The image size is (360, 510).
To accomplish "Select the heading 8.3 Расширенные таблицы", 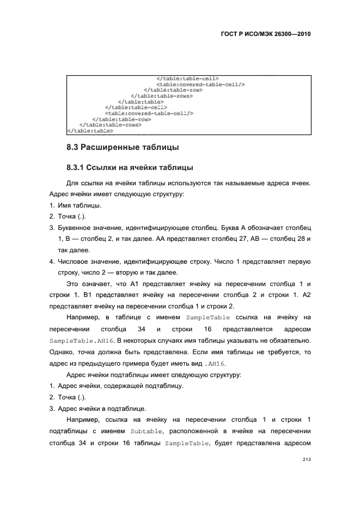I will tap(123, 147).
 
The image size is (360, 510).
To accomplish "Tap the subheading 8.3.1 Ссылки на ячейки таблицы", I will tap(130, 167).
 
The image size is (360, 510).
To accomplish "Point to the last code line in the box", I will tap(90, 131).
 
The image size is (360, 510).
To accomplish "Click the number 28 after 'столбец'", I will tap(301, 240).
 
